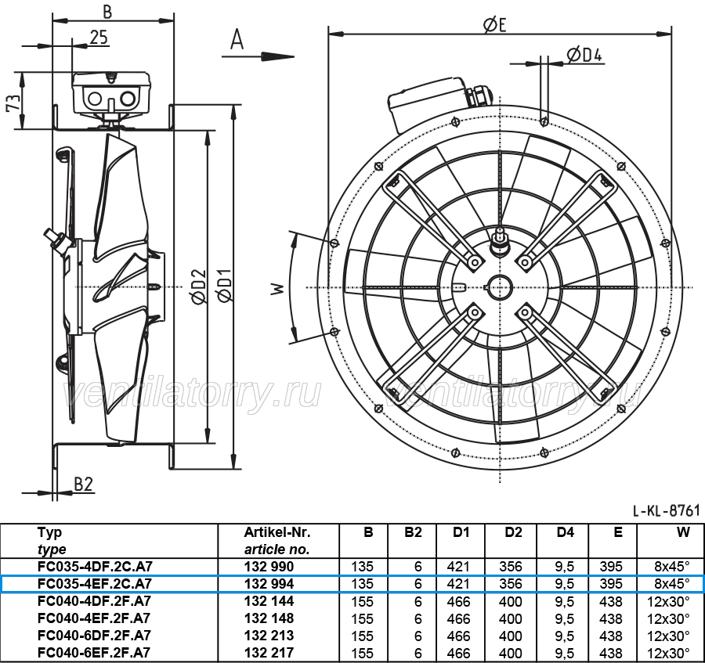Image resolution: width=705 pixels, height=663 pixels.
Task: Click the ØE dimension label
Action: tap(494, 24)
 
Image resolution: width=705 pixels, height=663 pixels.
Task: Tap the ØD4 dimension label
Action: tap(584, 55)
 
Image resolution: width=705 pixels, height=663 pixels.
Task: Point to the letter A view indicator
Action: tap(237, 39)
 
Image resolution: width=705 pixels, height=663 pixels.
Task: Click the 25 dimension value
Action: tap(99, 38)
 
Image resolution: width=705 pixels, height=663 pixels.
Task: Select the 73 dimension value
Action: tap(13, 103)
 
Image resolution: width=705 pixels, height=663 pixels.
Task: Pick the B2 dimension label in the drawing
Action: tap(83, 485)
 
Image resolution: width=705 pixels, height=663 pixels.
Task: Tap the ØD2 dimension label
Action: tap(198, 286)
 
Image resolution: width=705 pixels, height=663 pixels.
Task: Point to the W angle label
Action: tap(277, 288)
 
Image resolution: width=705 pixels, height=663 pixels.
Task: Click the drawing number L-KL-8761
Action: tap(667, 510)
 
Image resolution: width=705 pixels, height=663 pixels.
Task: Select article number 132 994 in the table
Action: tap(269, 583)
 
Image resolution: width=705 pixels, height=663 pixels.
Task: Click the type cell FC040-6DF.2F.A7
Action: tap(95, 635)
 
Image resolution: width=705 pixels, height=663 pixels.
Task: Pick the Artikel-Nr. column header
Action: tap(277, 532)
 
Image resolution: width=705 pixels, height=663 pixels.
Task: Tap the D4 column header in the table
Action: tap(565, 532)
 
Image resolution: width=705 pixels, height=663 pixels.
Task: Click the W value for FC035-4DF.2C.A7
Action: tap(672, 567)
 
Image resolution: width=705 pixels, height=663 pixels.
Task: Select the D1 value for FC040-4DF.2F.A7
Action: tap(458, 601)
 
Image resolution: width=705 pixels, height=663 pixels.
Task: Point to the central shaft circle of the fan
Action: tap(500, 287)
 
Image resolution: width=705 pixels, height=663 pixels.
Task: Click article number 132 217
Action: tap(269, 652)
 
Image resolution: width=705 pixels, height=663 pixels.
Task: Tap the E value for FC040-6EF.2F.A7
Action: tap(610, 653)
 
